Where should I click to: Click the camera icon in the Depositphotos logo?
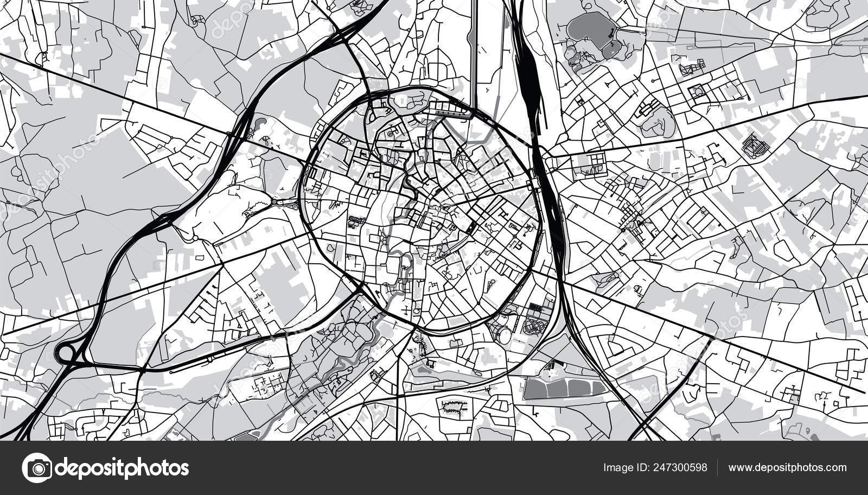point(37,467)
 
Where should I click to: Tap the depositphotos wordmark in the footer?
point(122,468)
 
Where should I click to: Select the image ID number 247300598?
point(681,467)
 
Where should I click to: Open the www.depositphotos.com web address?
point(787,467)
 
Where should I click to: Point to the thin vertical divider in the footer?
point(717,467)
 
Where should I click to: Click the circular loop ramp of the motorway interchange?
point(65,353)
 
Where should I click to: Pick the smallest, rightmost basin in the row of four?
point(598,387)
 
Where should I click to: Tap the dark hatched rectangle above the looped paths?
point(535,308)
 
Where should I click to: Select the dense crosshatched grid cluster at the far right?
point(755,144)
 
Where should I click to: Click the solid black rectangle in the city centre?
point(471,227)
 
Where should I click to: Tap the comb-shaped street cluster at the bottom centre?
point(454,407)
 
